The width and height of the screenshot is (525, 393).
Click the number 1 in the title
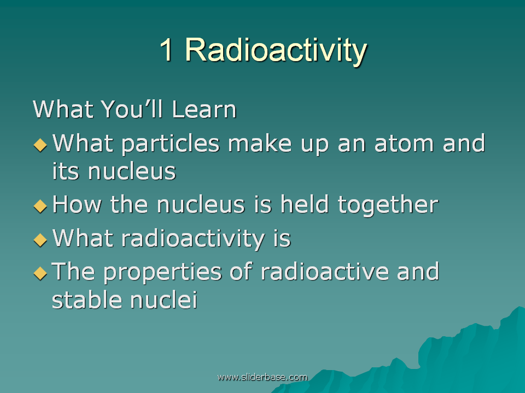coord(166,50)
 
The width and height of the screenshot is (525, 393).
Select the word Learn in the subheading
coord(204,109)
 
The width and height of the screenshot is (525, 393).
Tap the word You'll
coord(132,109)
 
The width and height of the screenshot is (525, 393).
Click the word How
coord(77,204)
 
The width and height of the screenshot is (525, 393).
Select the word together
coord(388,206)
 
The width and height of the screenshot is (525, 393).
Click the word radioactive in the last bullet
coord(325,271)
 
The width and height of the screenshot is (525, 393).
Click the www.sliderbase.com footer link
coord(262,377)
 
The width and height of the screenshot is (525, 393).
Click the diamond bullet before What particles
coord(40,145)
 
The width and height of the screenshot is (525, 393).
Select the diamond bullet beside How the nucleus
coord(40,206)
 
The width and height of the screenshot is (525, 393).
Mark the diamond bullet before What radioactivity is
coord(40,240)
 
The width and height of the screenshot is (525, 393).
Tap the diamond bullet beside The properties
coord(40,273)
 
